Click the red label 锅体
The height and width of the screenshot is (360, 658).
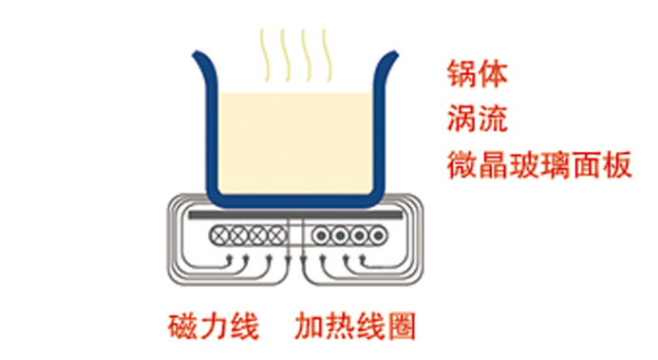click(x=478, y=74)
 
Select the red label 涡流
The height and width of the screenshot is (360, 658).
click(x=478, y=119)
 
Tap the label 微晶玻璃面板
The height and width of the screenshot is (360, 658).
click(x=538, y=165)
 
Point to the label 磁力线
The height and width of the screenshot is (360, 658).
click(x=214, y=326)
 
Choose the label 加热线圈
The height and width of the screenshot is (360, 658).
click(x=355, y=326)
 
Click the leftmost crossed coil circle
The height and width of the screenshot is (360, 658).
click(x=219, y=236)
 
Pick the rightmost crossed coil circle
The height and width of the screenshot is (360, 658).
click(x=277, y=236)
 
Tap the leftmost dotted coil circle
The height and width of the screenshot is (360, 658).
click(x=322, y=236)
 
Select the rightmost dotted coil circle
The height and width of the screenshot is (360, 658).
click(x=378, y=236)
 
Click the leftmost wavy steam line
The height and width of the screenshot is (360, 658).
click(x=264, y=54)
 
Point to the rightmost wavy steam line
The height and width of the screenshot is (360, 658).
click(x=327, y=54)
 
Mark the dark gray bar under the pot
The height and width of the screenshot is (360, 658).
click(x=295, y=216)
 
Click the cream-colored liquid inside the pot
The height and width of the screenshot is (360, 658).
click(x=294, y=142)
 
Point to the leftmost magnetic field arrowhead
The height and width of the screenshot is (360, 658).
click(x=229, y=259)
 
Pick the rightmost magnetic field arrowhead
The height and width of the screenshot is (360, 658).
click(x=363, y=259)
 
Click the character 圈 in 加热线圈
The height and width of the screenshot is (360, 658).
click(x=402, y=326)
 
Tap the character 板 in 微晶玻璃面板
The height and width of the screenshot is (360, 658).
click(x=617, y=165)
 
